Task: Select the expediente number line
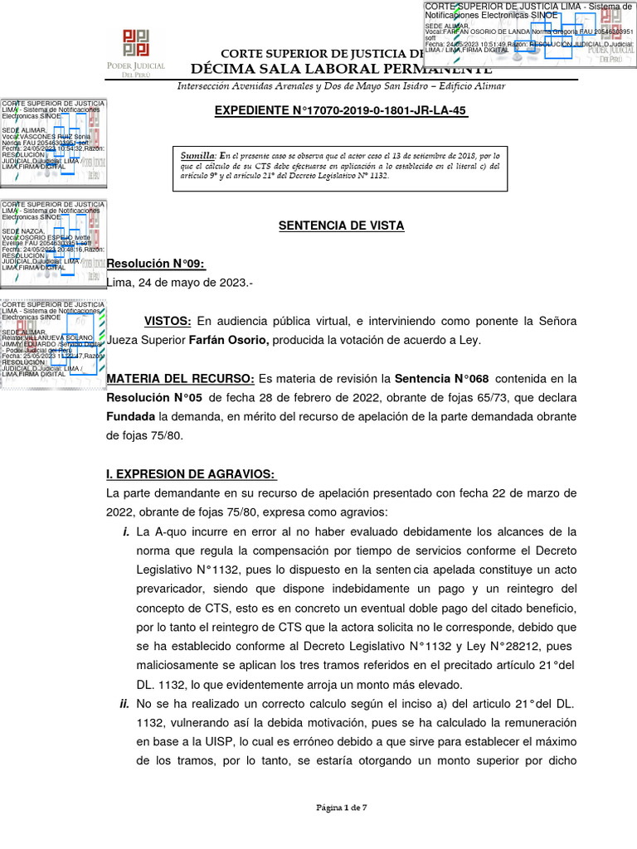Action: (341, 111)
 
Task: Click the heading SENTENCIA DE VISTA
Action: (341, 225)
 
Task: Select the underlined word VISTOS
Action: (168, 321)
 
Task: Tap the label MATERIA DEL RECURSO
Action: (181, 379)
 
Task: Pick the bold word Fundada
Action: (130, 416)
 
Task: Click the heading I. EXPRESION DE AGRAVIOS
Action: (191, 474)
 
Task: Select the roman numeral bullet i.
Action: (126, 531)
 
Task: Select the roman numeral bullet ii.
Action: (124, 704)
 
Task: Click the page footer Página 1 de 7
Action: (341, 806)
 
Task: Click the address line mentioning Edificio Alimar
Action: (341, 86)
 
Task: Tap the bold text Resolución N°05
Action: (157, 398)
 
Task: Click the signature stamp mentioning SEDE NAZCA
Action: (54, 236)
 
